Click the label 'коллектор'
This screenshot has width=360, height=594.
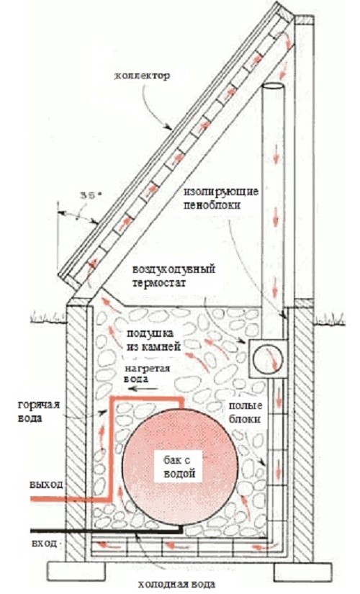pyautogui.click(x=142, y=75)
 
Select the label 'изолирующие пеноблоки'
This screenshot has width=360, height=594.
pyautogui.click(x=222, y=198)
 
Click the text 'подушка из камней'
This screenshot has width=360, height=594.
pyautogui.click(x=150, y=340)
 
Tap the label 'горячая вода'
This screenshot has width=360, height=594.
pyautogui.click(x=39, y=412)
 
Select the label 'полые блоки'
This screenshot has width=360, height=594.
pyautogui.click(x=245, y=413)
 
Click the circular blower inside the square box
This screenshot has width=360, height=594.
pyautogui.click(x=268, y=359)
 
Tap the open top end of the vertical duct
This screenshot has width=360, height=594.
pyautogui.click(x=273, y=86)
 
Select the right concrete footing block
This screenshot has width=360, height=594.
pyautogui.click(x=300, y=570)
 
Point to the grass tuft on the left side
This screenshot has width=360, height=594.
pyautogui.click(x=48, y=315)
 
